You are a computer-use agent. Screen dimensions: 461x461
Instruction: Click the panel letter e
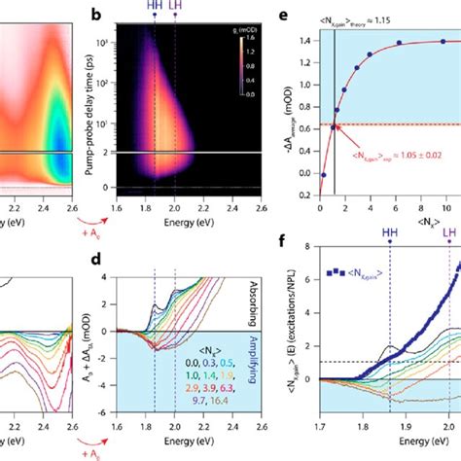(308, 15)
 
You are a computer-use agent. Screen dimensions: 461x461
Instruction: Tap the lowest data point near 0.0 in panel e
(323, 175)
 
